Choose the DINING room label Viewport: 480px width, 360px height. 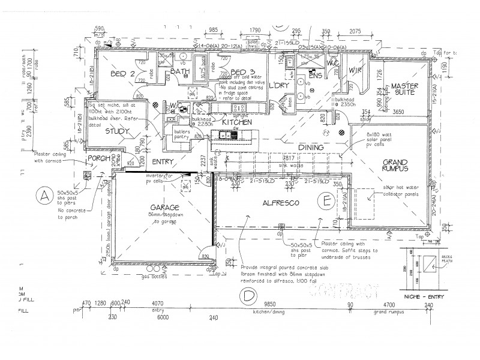(x=311, y=148)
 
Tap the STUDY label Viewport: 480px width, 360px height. (x=118, y=130)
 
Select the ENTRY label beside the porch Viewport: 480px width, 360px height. (x=163, y=162)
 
